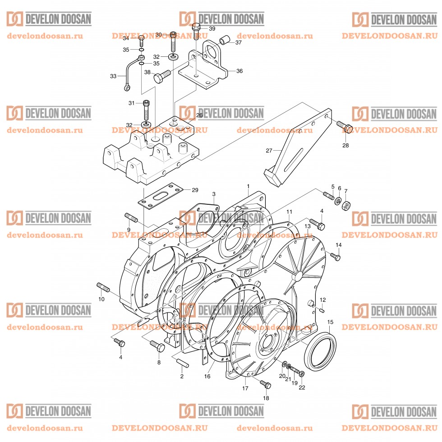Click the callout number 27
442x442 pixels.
click(x=270, y=150)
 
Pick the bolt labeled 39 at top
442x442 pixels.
click(x=196, y=30)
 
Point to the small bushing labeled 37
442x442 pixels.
click(x=225, y=42)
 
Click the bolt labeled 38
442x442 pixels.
click(x=162, y=76)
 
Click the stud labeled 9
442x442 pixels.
click(x=131, y=218)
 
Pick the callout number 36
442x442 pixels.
click(x=239, y=71)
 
